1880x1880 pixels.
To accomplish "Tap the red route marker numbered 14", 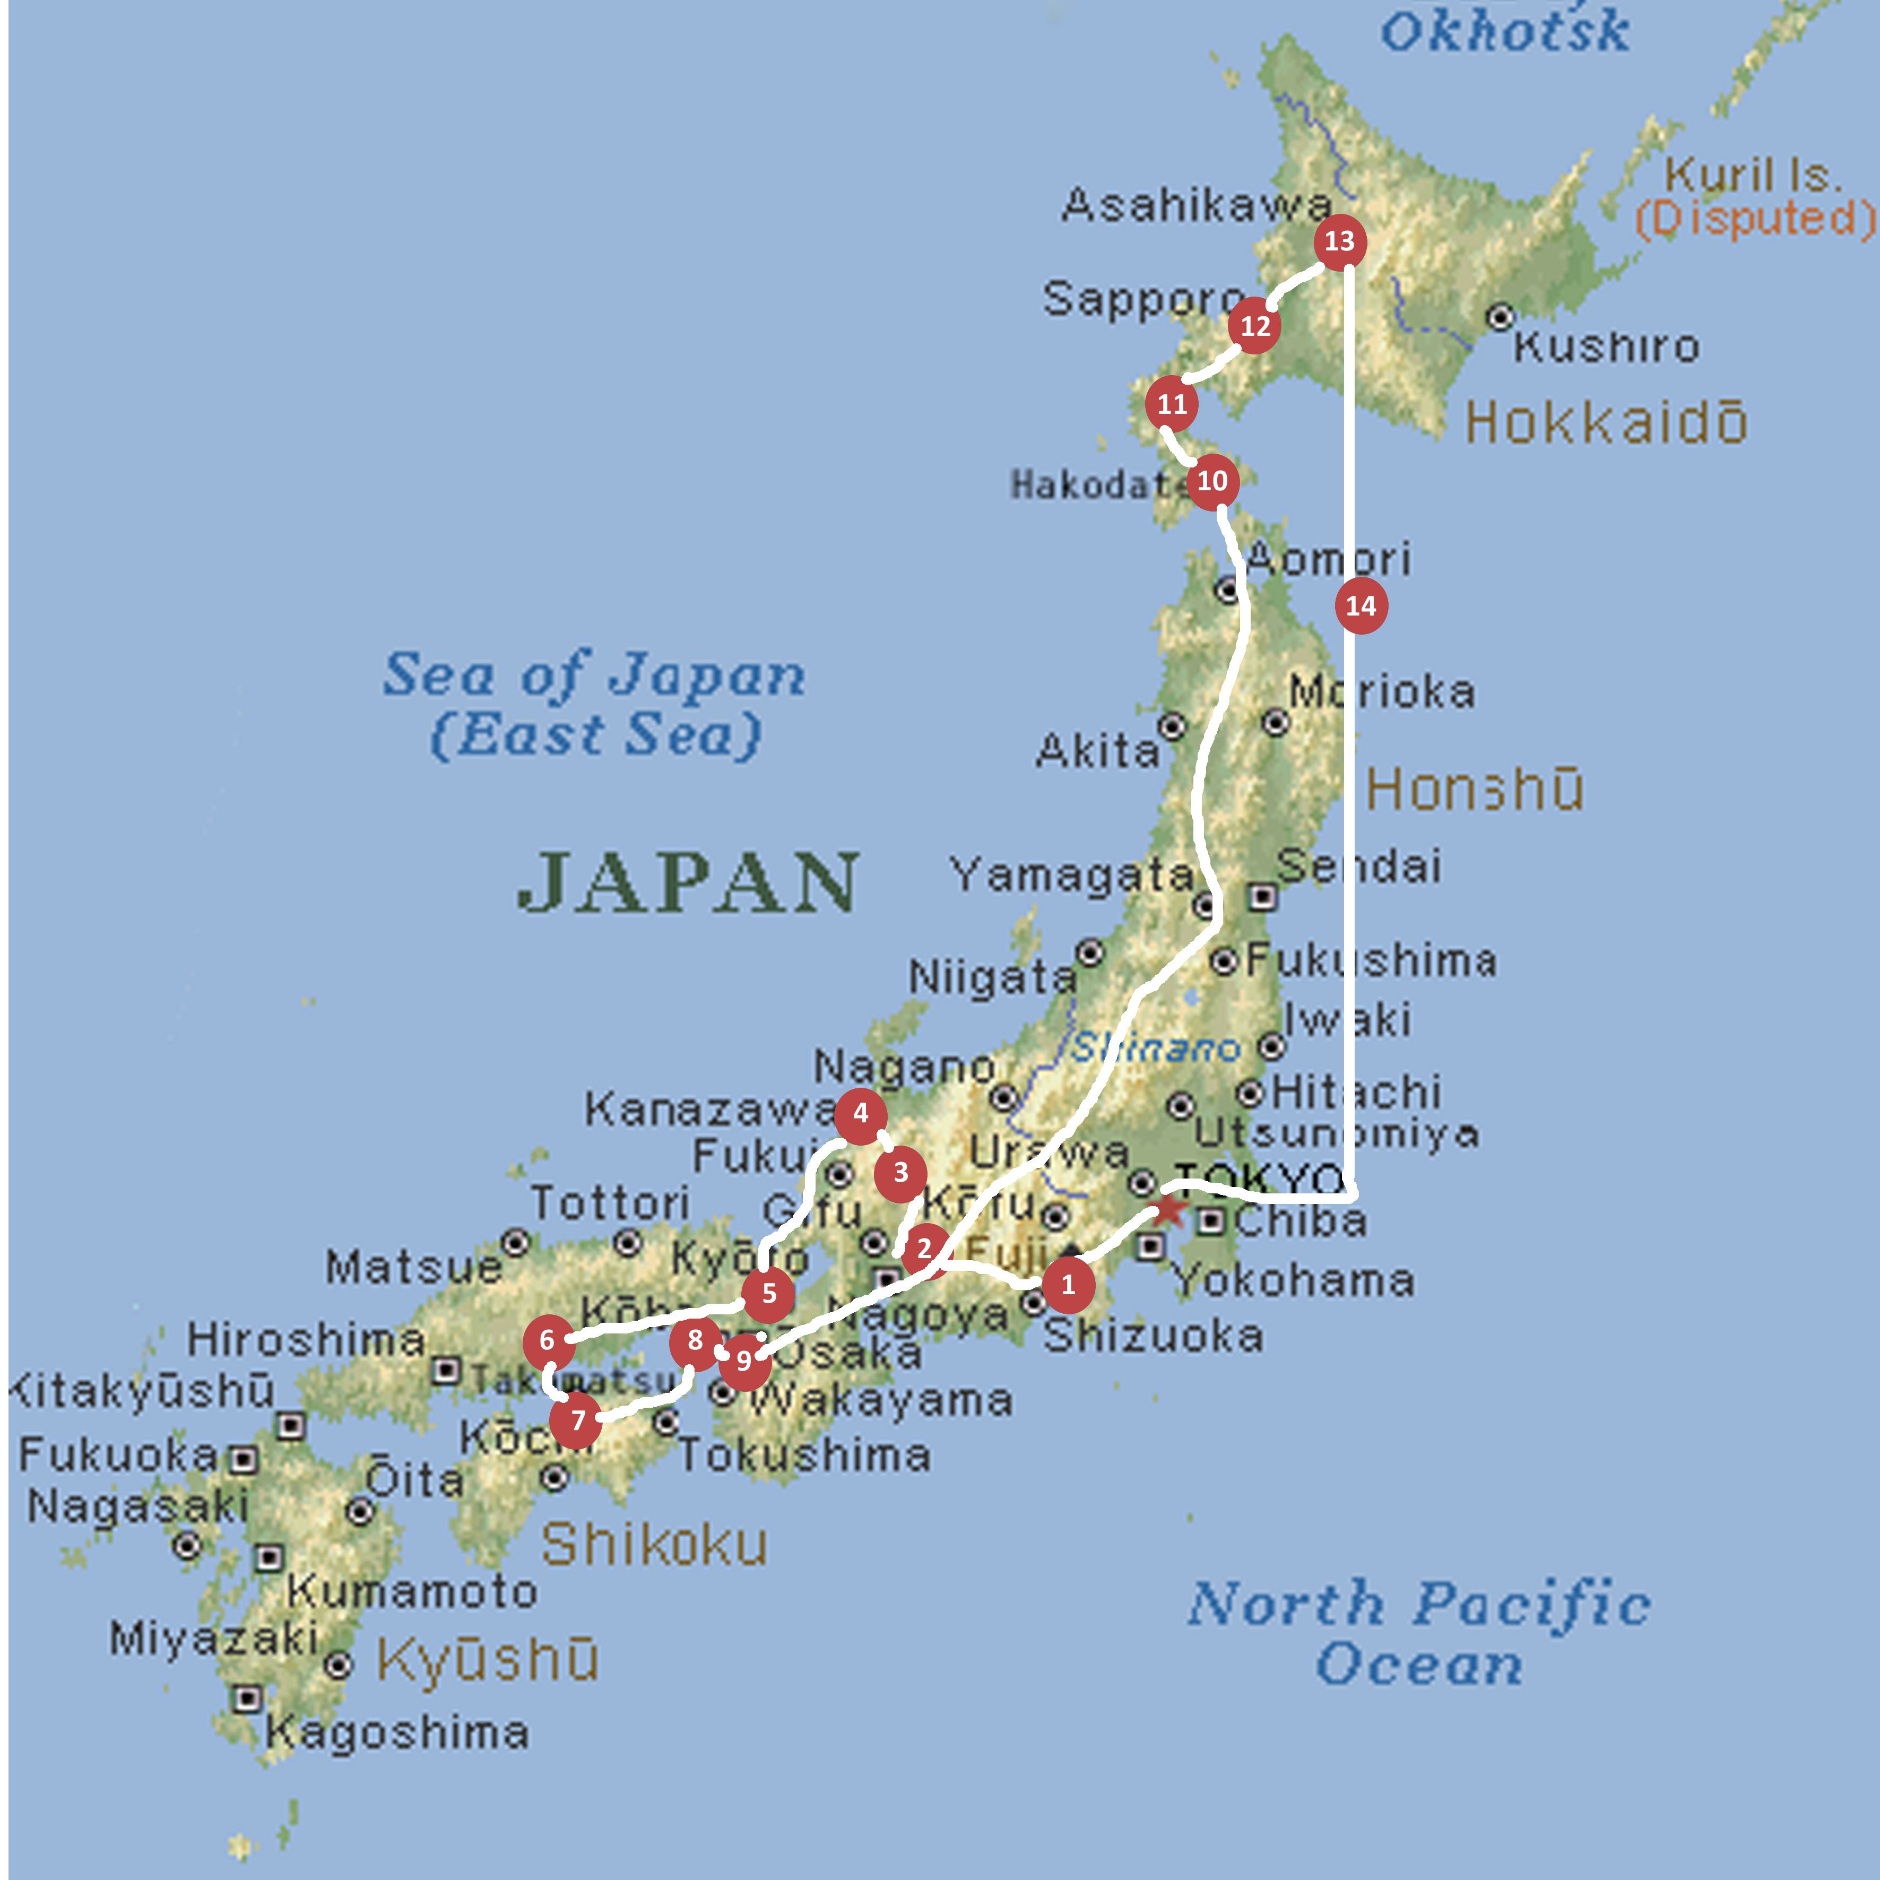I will [1361, 606].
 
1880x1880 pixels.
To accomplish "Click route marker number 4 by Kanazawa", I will [860, 1113].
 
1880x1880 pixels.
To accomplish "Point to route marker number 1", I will [1069, 1285].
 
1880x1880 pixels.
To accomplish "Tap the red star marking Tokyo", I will [1168, 1210].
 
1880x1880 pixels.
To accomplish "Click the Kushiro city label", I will [1606, 346].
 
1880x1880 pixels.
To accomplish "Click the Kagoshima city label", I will [397, 1733].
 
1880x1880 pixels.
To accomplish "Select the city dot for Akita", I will [1173, 726].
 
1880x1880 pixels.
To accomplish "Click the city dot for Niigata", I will [1090, 952].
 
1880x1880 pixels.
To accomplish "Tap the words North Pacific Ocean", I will [1419, 1635].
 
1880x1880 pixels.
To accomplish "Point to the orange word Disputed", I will [1754, 219].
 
